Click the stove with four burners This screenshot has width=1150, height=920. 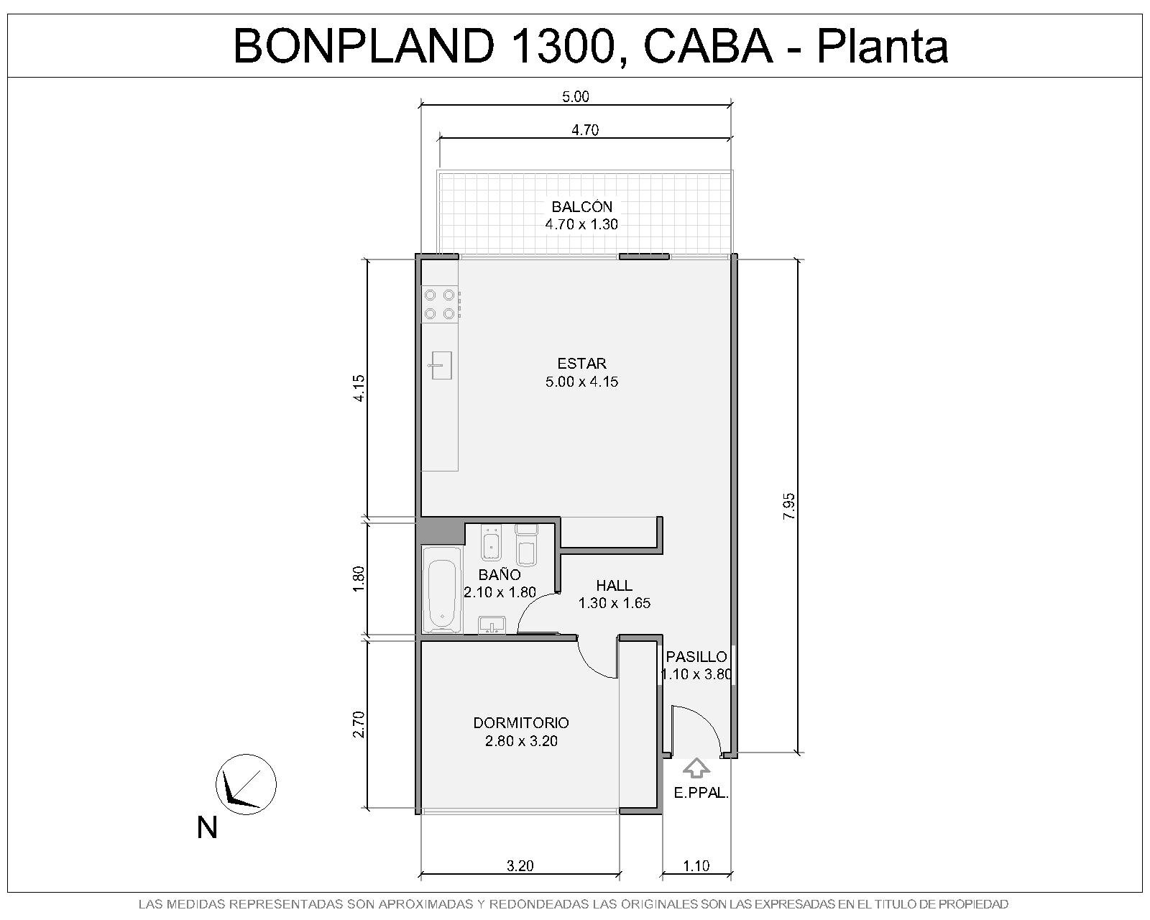[x=441, y=304]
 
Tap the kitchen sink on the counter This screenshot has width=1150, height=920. [x=440, y=365]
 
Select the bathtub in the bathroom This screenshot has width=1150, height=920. [x=442, y=589]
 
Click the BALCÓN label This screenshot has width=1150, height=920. [x=582, y=206]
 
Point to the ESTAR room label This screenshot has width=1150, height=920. [x=582, y=364]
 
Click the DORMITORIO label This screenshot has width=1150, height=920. [x=521, y=723]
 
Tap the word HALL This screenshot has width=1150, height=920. [x=615, y=585]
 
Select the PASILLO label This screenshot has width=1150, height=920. [x=696, y=656]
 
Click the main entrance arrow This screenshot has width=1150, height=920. [x=696, y=769]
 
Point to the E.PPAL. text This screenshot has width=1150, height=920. [x=701, y=793]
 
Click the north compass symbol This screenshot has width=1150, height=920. [x=246, y=784]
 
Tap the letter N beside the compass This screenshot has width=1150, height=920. [x=207, y=827]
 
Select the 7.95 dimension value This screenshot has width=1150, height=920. [x=788, y=506]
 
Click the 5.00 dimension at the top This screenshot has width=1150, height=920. [x=576, y=97]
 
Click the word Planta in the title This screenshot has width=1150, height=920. [x=883, y=46]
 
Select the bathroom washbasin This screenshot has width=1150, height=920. [x=492, y=625]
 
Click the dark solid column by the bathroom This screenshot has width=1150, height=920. [x=441, y=533]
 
